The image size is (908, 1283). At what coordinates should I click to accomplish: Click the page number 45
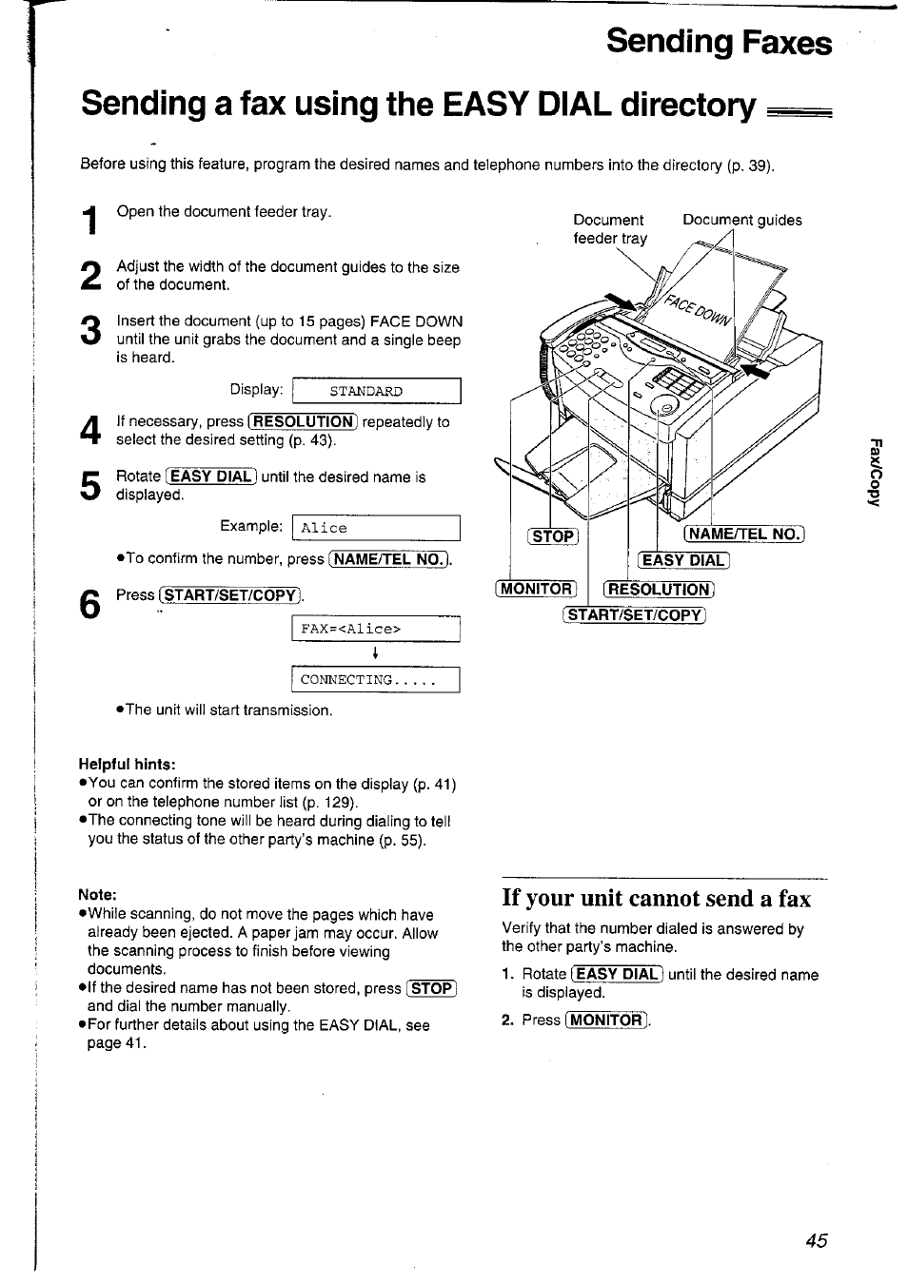pos(816,1240)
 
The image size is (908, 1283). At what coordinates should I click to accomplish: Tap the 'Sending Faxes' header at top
pos(719,43)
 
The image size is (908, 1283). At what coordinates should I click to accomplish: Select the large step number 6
pos(89,605)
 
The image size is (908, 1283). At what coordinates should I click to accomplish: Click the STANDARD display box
pos(376,391)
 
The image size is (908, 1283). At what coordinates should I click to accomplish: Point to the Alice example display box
pos(376,528)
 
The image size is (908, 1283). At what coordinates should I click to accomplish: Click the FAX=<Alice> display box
pos(376,629)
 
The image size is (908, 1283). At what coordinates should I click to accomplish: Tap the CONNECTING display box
pos(376,680)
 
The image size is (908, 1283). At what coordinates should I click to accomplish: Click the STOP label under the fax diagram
pos(553,535)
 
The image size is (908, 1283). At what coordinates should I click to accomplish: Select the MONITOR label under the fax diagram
pos(536,589)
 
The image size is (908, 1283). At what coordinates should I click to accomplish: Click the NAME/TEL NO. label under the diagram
pos(744,534)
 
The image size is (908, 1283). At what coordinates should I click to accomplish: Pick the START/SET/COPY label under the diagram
pos(635,614)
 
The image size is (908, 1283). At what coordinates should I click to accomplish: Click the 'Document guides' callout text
pos(741,220)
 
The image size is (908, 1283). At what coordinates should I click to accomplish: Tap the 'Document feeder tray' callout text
pos(609,229)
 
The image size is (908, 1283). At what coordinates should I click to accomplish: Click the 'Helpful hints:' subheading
pos(128,764)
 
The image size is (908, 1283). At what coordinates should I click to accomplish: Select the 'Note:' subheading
pos(97,894)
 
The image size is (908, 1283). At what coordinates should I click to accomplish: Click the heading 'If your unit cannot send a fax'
pos(656,899)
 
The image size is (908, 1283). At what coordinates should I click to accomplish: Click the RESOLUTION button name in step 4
pos(302,422)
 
